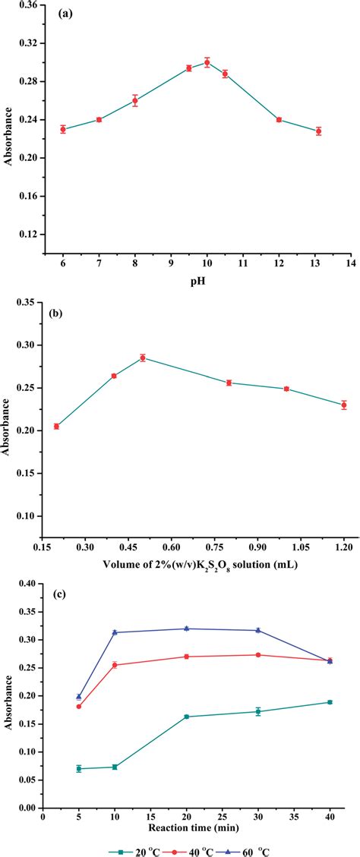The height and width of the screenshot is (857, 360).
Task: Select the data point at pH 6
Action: point(63,129)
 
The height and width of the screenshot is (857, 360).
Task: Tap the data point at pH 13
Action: point(318,131)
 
